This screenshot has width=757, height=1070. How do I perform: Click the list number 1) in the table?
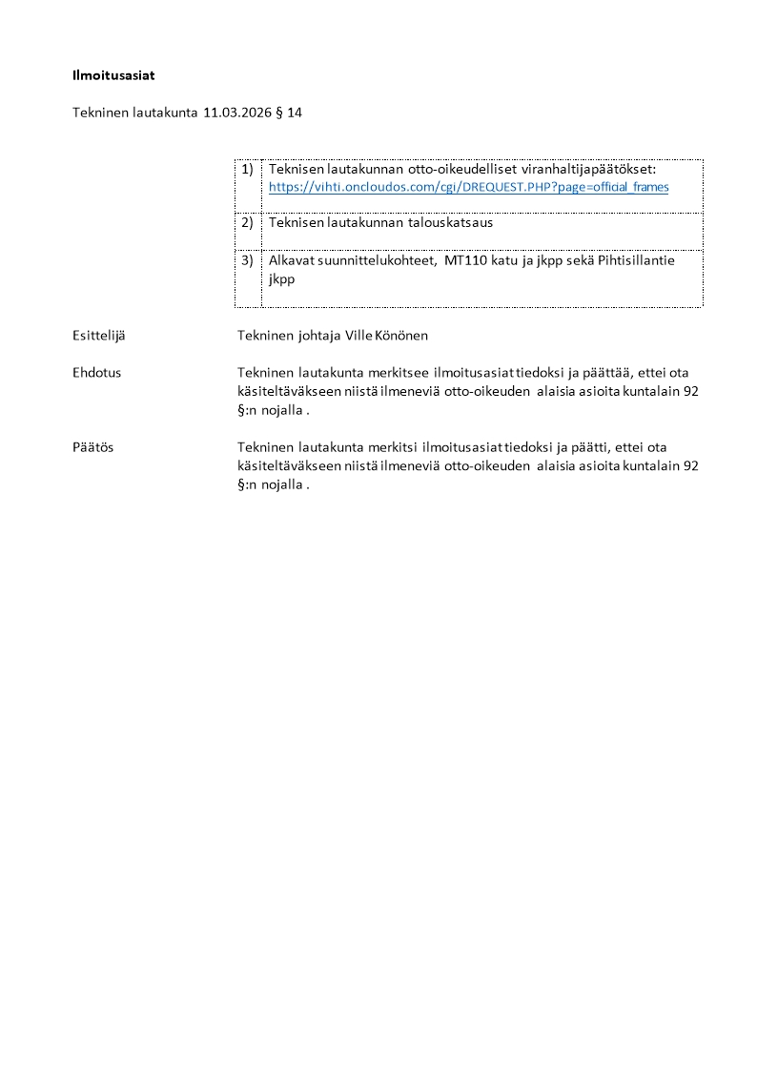click(x=247, y=169)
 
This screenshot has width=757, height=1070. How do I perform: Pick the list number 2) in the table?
click(x=247, y=222)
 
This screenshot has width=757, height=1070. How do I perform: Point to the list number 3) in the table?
click(x=247, y=259)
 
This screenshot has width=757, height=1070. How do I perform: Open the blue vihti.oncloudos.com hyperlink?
click(x=468, y=187)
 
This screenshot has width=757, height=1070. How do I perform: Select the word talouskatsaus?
click(x=452, y=222)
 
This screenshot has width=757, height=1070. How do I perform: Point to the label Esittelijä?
click(x=99, y=336)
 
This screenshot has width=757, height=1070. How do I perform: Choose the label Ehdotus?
click(x=96, y=373)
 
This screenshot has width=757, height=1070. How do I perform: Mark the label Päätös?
click(x=92, y=446)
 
